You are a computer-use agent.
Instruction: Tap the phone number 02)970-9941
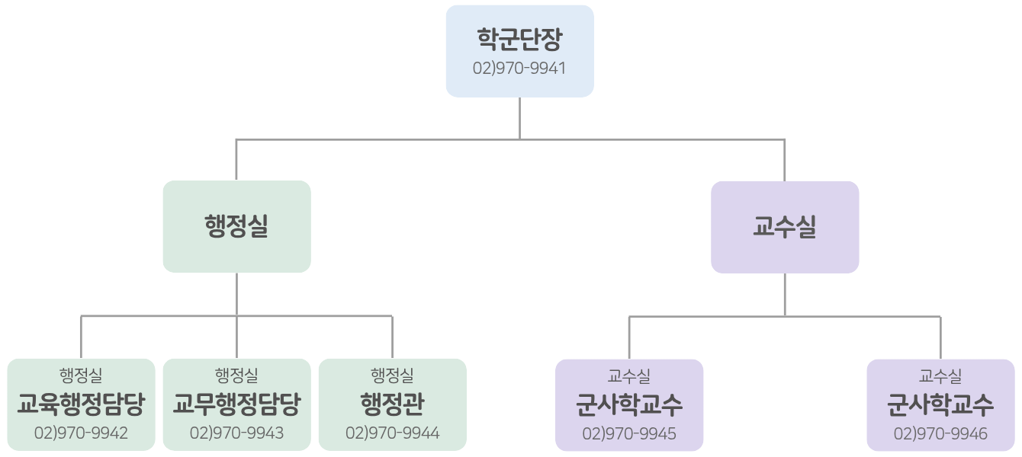(519, 68)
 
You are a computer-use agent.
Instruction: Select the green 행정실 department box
(236, 226)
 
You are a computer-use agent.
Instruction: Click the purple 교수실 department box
(784, 227)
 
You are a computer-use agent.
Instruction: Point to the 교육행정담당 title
(81, 404)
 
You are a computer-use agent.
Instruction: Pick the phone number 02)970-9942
(81, 433)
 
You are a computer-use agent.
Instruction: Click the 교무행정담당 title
(236, 404)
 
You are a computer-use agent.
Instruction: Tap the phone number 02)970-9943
(236, 433)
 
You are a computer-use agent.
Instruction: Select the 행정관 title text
(392, 404)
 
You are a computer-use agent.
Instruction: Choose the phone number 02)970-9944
(392, 433)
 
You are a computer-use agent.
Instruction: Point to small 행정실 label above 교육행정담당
(81, 376)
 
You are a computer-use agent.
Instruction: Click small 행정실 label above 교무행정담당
(236, 376)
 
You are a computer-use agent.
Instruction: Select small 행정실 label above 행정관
(392, 376)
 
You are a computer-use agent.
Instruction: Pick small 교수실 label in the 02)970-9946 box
(940, 376)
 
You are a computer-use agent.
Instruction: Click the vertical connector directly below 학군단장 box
(519, 118)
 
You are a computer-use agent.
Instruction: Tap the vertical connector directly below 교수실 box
(785, 294)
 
